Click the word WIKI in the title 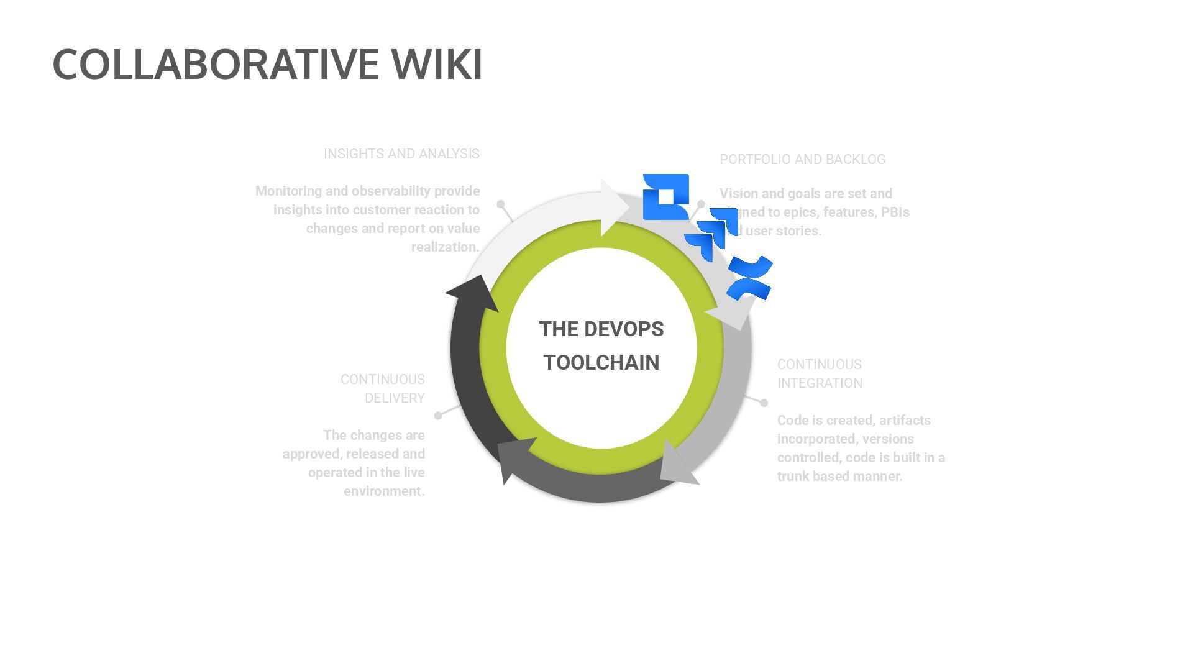pyautogui.click(x=436, y=64)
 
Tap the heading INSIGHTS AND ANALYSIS pyautogui.click(x=401, y=154)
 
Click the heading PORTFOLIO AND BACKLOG pyautogui.click(x=802, y=160)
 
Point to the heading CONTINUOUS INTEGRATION pyautogui.click(x=819, y=373)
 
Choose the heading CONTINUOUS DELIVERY pyautogui.click(x=383, y=388)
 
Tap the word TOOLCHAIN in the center pyautogui.click(x=601, y=363)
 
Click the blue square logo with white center pyautogui.click(x=665, y=197)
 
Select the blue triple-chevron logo pyautogui.click(x=711, y=234)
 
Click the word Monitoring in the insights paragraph pyautogui.click(x=290, y=191)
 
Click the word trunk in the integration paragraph pyautogui.click(x=793, y=477)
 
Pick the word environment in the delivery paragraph pyautogui.click(x=383, y=491)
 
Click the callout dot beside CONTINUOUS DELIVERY pyautogui.click(x=438, y=416)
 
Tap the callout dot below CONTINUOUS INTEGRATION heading pyautogui.click(x=764, y=403)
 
